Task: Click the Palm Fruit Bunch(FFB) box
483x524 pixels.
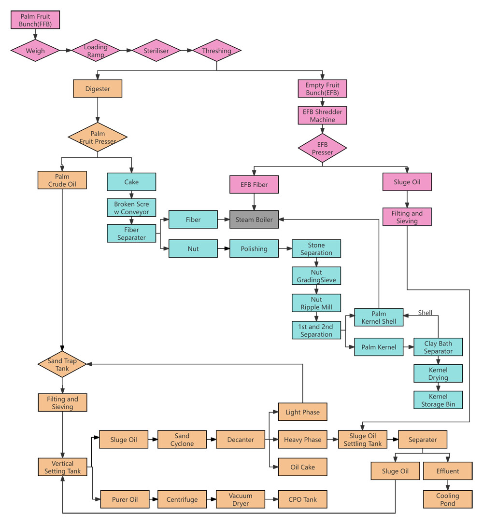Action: tap(35, 20)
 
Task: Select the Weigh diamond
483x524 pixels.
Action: tap(35, 51)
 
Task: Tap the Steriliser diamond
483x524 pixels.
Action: tap(156, 51)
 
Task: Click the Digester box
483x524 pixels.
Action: tap(98, 89)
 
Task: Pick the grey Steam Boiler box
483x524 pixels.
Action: tap(254, 220)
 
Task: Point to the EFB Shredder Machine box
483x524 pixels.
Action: tap(322, 116)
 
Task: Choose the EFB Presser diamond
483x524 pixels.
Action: tap(322, 149)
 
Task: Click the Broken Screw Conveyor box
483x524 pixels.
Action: tap(131, 208)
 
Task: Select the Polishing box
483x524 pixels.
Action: tap(254, 249)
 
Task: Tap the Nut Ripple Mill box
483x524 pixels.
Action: tap(316, 303)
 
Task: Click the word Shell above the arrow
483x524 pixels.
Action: tap(425, 313)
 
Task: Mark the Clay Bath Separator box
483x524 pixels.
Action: tap(438, 347)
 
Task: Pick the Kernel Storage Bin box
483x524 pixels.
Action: tap(438, 400)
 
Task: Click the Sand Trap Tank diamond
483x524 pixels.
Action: tap(62, 365)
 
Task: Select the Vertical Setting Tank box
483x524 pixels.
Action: tap(62, 467)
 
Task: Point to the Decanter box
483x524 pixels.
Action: tap(241, 440)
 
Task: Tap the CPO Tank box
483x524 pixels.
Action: tap(303, 499)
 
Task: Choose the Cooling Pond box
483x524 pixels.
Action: tap(448, 499)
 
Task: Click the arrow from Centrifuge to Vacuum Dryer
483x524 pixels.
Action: tap(211, 499)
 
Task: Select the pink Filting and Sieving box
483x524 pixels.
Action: tap(407, 217)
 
